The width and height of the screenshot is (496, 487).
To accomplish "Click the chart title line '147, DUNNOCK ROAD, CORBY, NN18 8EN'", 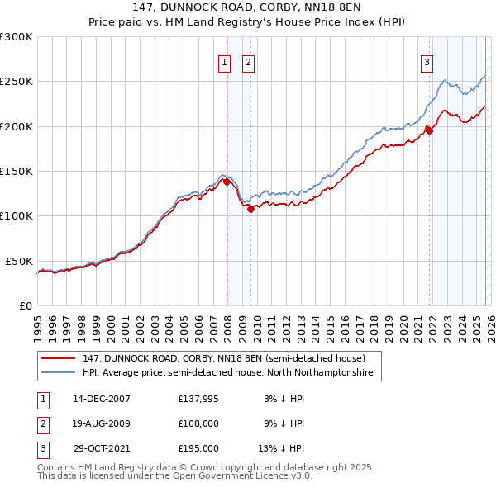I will click(248, 7).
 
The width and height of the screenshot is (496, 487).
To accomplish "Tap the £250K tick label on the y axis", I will click(17, 82).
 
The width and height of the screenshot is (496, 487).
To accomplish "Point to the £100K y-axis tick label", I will click(17, 215).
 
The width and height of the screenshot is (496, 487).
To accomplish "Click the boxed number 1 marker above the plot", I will click(224, 61).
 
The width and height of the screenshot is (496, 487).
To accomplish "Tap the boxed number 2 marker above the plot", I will click(248, 61).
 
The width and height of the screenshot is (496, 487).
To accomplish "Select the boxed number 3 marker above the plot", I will click(427, 61).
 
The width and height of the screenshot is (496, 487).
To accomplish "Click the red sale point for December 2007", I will click(227, 182).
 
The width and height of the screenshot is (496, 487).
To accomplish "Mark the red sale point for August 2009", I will click(250, 209).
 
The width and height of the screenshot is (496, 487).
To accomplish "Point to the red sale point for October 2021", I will click(430, 130).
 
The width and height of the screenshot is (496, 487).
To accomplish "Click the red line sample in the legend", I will click(59, 358).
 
